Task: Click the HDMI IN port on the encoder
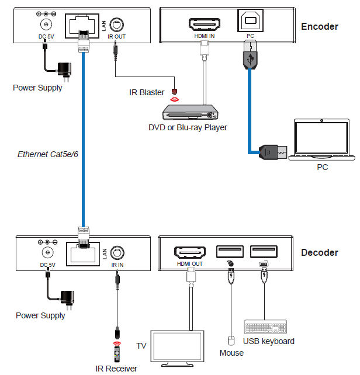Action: click(x=204, y=23)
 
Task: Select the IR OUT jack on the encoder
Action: click(x=116, y=25)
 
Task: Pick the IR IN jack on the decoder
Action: click(x=117, y=252)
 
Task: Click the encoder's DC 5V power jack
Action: click(x=44, y=25)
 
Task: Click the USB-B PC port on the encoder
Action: click(x=250, y=23)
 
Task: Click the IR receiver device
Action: click(x=116, y=353)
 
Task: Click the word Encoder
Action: click(x=319, y=26)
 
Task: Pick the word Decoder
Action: click(x=319, y=253)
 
